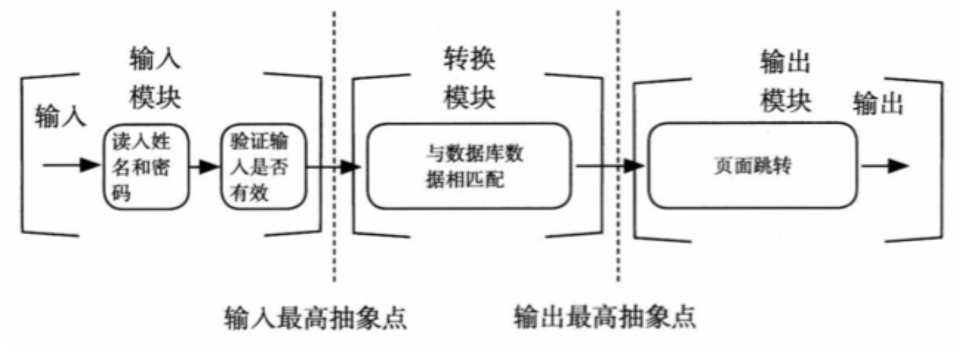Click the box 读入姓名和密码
(145, 167)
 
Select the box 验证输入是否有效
(257, 167)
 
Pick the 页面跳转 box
(752, 167)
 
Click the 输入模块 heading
(155, 81)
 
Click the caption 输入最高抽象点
(315, 318)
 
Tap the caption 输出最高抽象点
(605, 318)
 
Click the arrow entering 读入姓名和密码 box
(72, 166)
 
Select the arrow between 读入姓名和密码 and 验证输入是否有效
(204, 167)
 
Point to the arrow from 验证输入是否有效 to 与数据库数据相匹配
(333, 168)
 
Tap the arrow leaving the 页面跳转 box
(884, 166)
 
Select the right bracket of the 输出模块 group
(941, 160)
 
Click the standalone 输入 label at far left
(60, 116)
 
